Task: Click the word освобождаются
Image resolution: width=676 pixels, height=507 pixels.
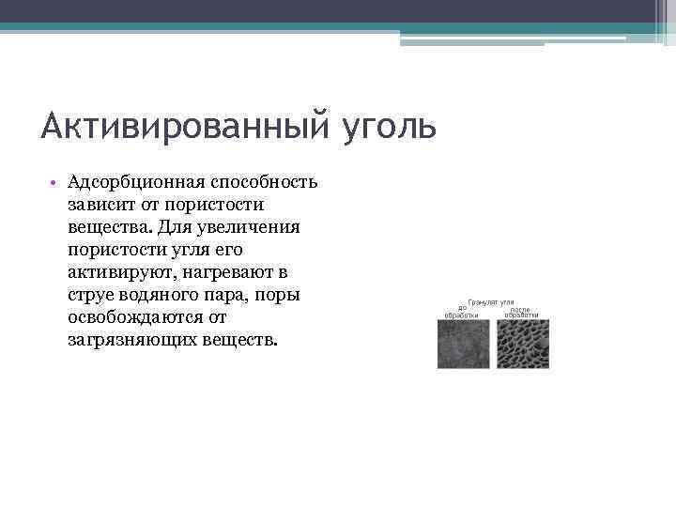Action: tap(133, 316)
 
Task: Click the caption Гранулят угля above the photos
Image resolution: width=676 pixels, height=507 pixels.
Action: tap(491, 302)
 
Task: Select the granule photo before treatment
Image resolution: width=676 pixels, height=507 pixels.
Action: tap(463, 344)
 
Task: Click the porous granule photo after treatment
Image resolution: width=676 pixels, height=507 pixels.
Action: tap(524, 344)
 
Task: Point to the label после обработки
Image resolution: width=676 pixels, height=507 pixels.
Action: tap(521, 312)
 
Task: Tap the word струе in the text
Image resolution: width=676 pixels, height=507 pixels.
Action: tap(89, 294)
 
